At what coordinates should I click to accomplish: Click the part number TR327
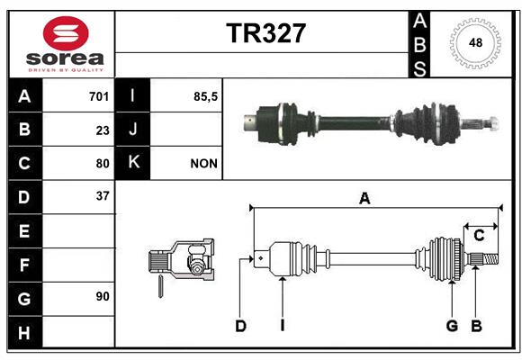(x=265, y=33)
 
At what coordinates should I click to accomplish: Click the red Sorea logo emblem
(x=66, y=33)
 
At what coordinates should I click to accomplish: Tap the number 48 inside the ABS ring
(x=475, y=42)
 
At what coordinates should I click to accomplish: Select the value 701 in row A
(x=99, y=96)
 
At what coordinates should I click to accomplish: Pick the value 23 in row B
(x=103, y=130)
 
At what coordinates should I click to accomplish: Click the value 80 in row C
(x=103, y=164)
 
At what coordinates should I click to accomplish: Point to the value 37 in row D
(x=103, y=196)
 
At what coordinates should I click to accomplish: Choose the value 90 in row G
(x=103, y=296)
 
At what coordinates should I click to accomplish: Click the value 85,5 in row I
(x=205, y=96)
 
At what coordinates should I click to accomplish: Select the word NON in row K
(x=203, y=164)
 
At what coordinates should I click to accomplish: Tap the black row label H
(x=25, y=332)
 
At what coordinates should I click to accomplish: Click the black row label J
(x=132, y=130)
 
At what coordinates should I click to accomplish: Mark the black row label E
(x=25, y=231)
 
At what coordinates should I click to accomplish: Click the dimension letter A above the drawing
(x=364, y=199)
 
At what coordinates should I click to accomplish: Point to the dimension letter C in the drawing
(x=479, y=236)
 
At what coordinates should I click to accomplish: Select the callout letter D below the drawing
(x=240, y=326)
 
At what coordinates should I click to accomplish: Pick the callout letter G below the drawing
(x=452, y=326)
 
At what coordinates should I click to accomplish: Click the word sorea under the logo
(x=65, y=58)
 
